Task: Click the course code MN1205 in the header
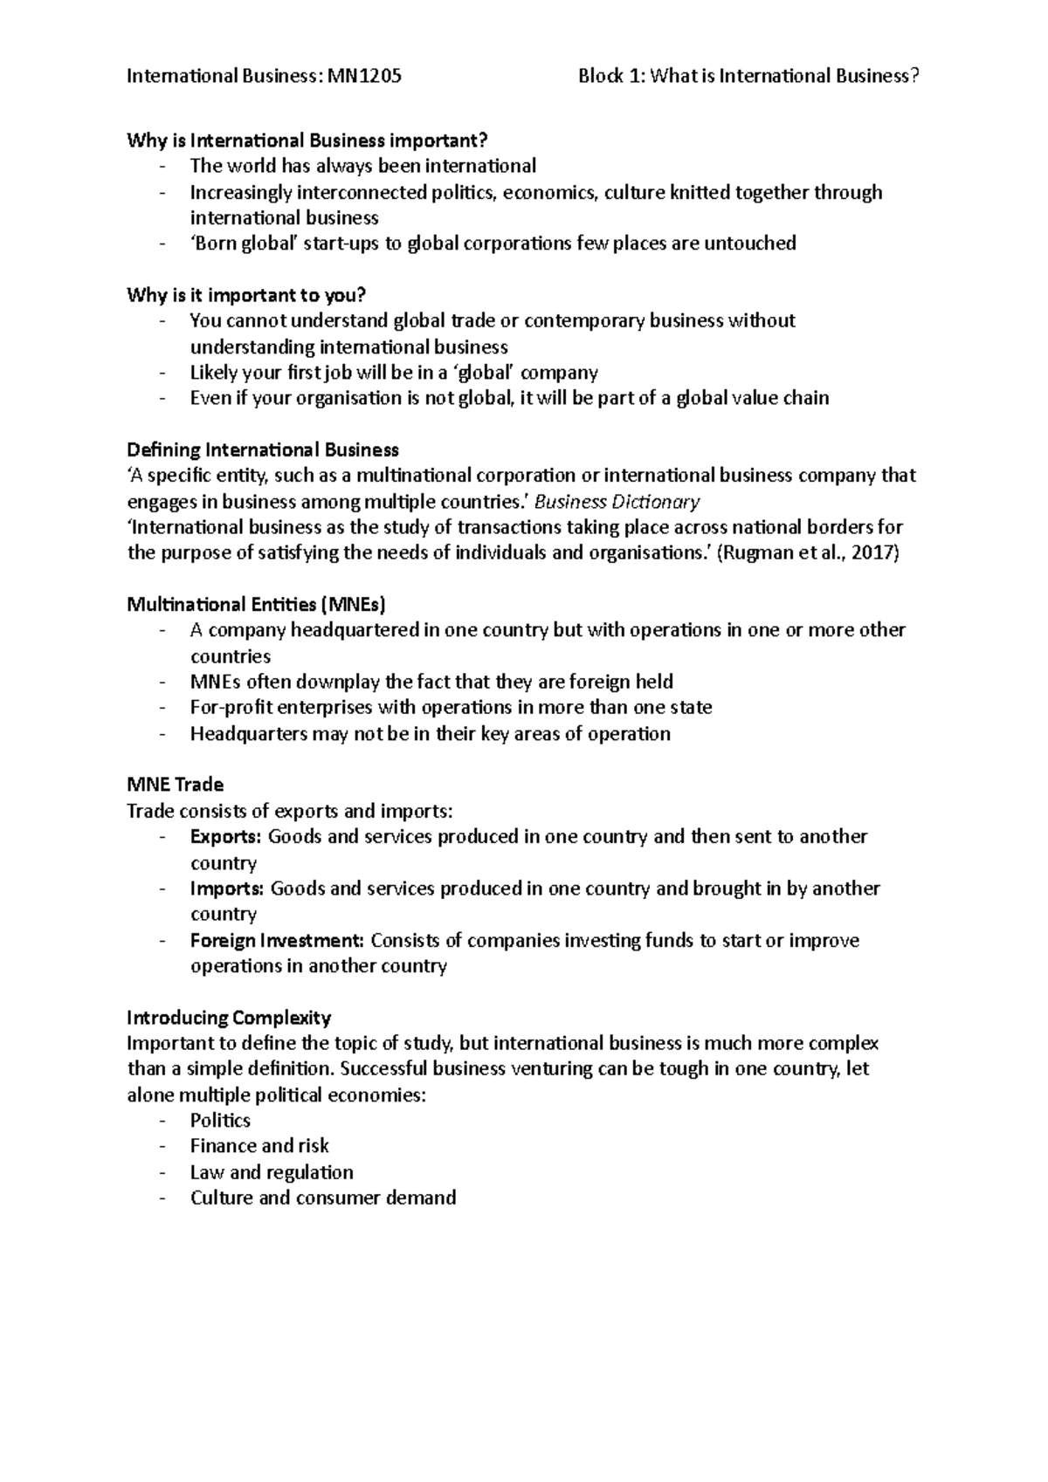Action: [364, 76]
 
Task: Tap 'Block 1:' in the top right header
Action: [611, 76]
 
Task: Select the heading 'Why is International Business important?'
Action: [307, 141]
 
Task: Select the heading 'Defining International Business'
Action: [263, 450]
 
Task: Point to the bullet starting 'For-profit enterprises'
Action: [451, 708]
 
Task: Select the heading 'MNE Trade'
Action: [175, 785]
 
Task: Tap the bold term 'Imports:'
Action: [227, 889]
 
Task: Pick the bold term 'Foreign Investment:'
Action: [277, 941]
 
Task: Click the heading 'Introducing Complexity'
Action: [229, 1018]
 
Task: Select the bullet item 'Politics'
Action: [220, 1121]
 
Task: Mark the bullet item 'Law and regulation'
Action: [272, 1172]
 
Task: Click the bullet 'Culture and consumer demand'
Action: [323, 1197]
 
